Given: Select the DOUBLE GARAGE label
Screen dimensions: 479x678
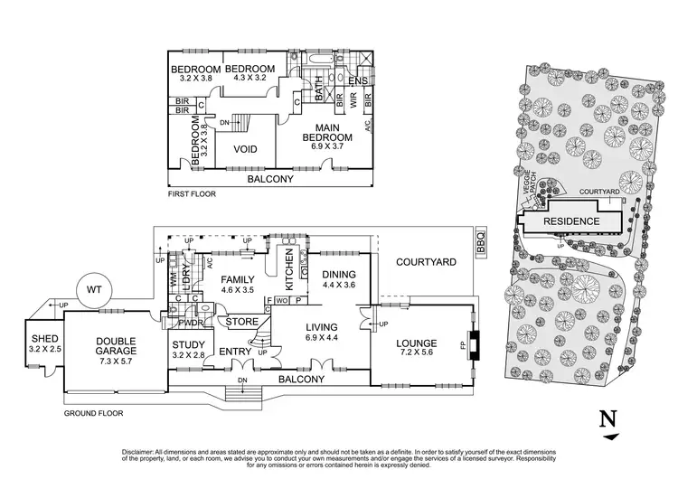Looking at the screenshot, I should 116,342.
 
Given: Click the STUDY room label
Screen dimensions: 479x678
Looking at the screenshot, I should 189,343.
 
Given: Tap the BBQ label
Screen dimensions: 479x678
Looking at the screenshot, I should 480,243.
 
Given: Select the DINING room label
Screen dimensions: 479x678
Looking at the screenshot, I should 338,275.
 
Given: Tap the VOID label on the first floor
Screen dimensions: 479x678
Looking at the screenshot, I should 245,149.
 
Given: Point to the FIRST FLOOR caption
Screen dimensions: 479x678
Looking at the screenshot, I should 192,194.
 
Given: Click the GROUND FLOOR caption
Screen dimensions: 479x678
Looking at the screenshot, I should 93,413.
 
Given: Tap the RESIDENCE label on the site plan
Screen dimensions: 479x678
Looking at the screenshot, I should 570,221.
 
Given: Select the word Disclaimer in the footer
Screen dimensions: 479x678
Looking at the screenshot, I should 139,450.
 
